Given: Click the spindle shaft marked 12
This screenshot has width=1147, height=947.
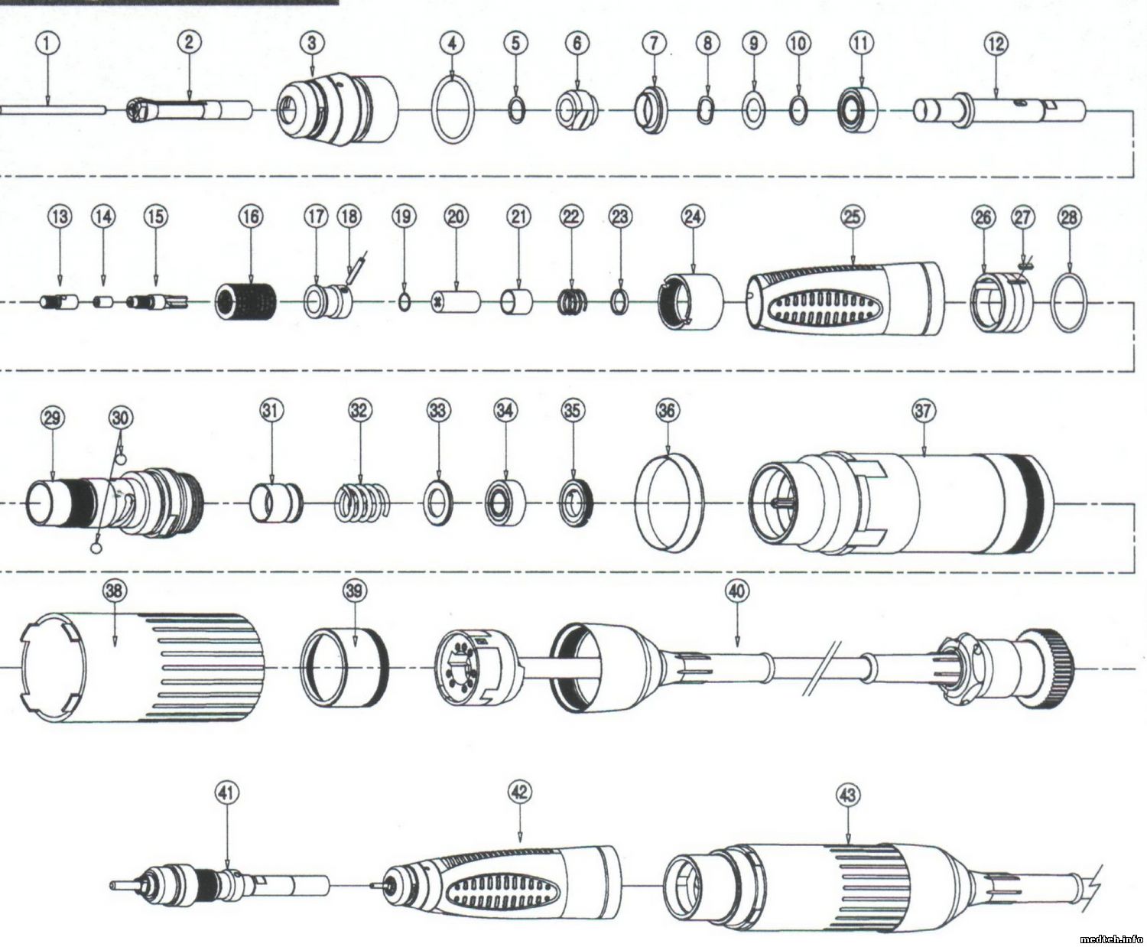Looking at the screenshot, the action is pos(999,110).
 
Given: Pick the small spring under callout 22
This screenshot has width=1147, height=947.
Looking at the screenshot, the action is pos(572,301).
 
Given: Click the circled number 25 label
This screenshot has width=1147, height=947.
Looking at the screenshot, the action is pos(852,217).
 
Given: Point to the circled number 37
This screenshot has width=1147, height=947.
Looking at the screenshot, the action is pos(923,411).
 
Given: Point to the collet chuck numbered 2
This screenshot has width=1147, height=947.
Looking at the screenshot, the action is pos(190,111).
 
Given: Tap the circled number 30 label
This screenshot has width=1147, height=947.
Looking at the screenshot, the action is pos(120,418).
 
